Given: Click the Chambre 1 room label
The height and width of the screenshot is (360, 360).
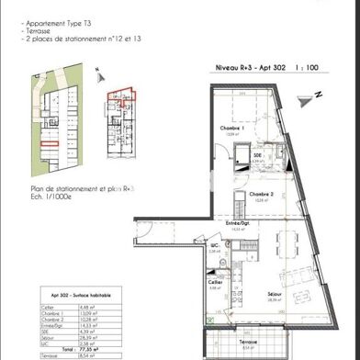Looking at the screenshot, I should pos(229,129).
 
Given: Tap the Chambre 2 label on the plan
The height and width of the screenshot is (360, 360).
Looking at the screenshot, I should pos(257,195).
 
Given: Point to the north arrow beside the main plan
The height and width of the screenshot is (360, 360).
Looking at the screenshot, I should pos(314,94).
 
